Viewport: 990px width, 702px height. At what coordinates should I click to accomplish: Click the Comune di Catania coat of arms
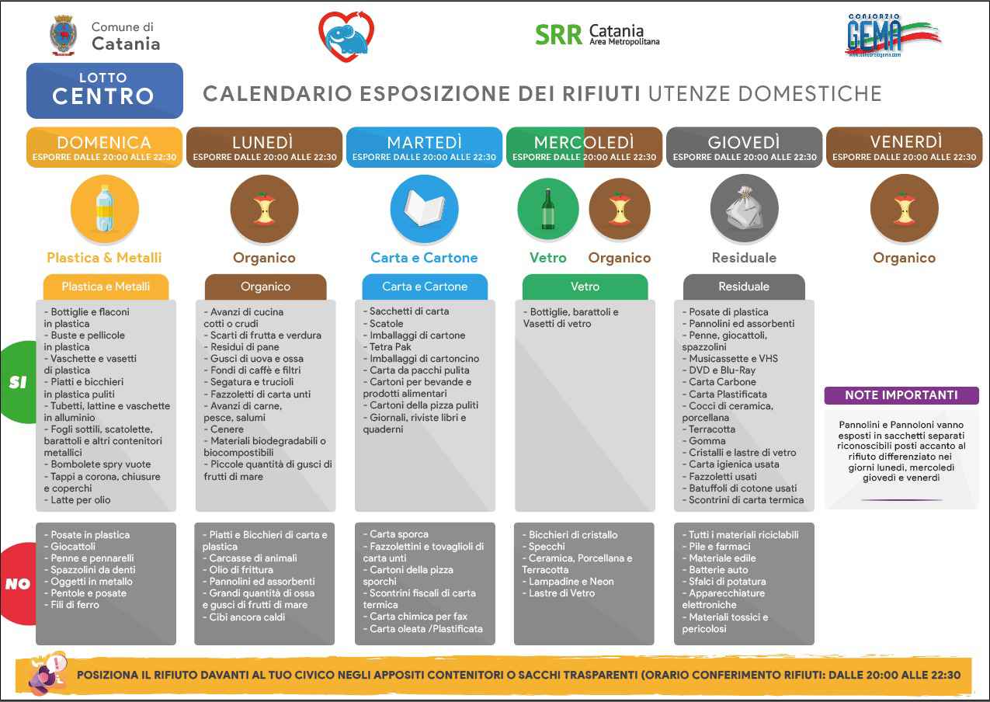click(x=63, y=36)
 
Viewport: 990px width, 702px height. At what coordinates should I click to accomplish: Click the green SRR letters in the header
click(x=558, y=35)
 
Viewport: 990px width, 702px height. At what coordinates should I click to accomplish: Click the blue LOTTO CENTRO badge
click(x=105, y=90)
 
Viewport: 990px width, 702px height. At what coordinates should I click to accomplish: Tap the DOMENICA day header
click(x=105, y=148)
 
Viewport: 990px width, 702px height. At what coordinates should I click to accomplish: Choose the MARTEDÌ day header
click(x=424, y=148)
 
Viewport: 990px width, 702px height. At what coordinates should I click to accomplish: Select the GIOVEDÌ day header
click(x=744, y=148)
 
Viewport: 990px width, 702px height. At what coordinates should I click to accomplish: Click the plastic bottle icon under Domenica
click(x=105, y=208)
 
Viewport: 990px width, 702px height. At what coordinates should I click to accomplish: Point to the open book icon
click(x=424, y=208)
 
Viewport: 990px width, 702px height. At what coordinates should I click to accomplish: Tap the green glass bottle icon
click(x=548, y=208)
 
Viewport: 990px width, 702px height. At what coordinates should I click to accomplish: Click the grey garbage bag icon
click(x=744, y=208)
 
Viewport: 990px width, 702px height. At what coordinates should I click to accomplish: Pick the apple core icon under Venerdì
click(x=904, y=208)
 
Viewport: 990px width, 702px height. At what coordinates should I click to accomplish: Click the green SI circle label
click(x=17, y=382)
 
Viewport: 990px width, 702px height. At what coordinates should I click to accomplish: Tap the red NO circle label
click(x=17, y=584)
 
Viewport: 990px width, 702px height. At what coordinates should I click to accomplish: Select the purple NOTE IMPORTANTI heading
click(x=901, y=395)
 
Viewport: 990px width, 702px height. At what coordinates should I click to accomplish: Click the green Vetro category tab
click(x=585, y=287)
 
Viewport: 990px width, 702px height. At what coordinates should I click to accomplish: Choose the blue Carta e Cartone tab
click(x=425, y=287)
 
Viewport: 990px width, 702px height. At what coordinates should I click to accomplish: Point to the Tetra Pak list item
click(x=391, y=347)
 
